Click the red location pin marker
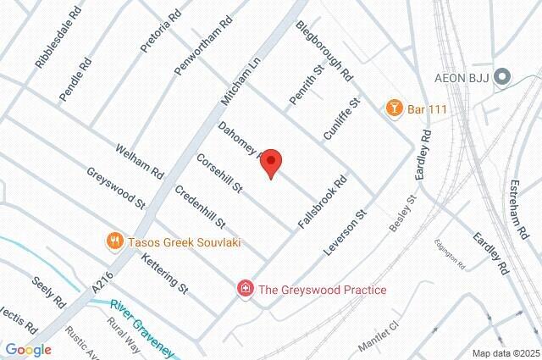coord(270,162)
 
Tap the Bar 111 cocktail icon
coord(394,108)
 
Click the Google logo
coord(27,349)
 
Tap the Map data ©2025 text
coord(505,353)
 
